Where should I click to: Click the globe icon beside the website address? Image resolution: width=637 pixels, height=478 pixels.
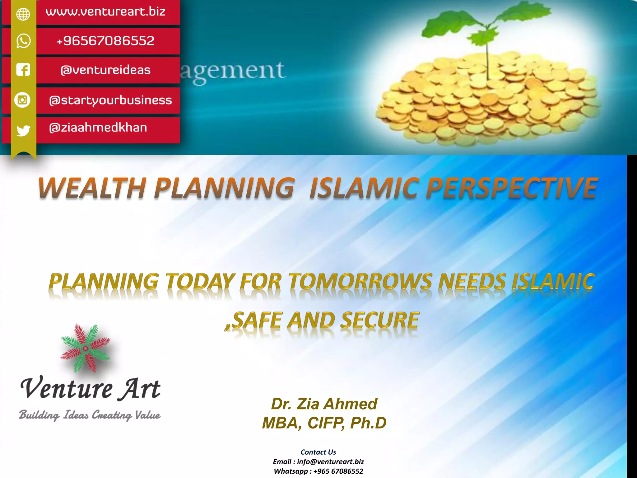pyautogui.click(x=23, y=14)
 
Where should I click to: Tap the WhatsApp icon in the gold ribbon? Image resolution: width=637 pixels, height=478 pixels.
pyautogui.click(x=23, y=41)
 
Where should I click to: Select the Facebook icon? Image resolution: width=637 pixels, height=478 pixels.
pyautogui.click(x=23, y=70)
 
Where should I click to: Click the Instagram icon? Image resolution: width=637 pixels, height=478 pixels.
pyautogui.click(x=22, y=100)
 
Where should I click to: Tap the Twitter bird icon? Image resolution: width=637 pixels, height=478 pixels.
pyautogui.click(x=23, y=130)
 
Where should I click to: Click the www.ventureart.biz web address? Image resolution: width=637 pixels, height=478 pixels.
pyautogui.click(x=105, y=12)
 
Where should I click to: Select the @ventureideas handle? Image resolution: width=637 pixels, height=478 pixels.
pyautogui.click(x=105, y=70)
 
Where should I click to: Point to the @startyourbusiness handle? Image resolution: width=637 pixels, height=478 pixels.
pyautogui.click(x=110, y=100)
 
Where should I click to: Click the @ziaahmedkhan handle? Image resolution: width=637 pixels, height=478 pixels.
pyautogui.click(x=98, y=128)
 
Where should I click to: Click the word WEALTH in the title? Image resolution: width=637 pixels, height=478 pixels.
pyautogui.click(x=92, y=188)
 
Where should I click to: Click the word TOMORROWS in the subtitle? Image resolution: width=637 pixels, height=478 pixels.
pyautogui.click(x=360, y=281)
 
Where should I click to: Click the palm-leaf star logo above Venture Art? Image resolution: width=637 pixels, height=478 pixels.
pyautogui.click(x=86, y=348)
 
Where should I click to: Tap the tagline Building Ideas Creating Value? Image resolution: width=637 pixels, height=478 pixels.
pyautogui.click(x=90, y=415)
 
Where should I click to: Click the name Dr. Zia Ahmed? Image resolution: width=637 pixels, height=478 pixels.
pyautogui.click(x=324, y=404)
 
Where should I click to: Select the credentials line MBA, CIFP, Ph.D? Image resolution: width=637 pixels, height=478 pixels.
pyautogui.click(x=324, y=423)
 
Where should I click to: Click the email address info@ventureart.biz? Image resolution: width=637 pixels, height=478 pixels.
pyautogui.click(x=330, y=462)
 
